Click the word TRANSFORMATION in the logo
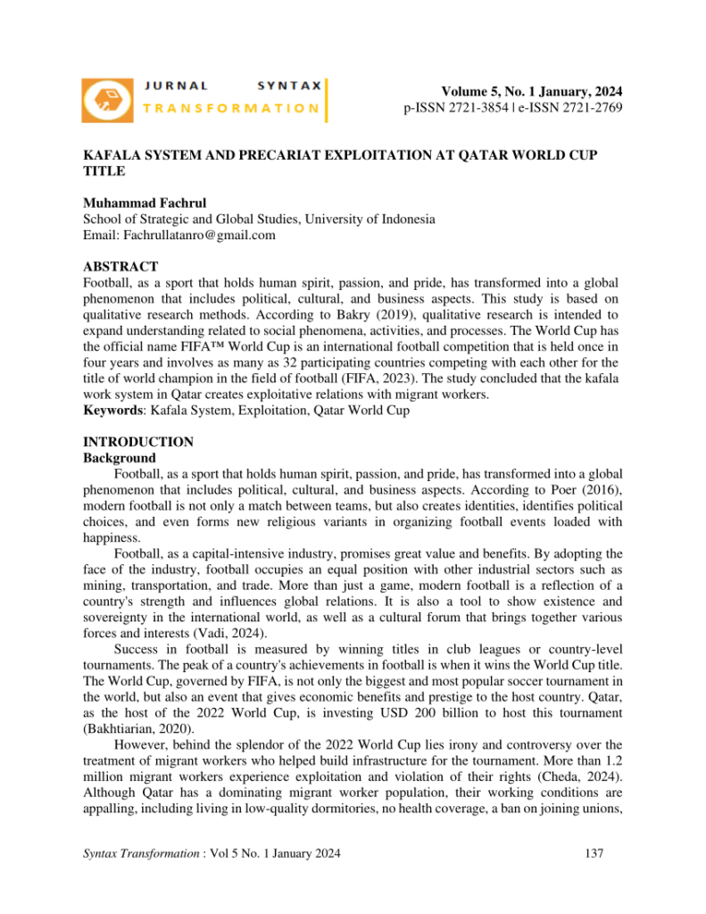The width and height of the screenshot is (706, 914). point(231,108)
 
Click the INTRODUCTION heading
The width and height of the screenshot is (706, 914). point(137,442)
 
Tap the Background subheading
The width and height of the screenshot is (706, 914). point(119,458)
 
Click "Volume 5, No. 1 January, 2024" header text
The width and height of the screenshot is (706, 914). point(532,92)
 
